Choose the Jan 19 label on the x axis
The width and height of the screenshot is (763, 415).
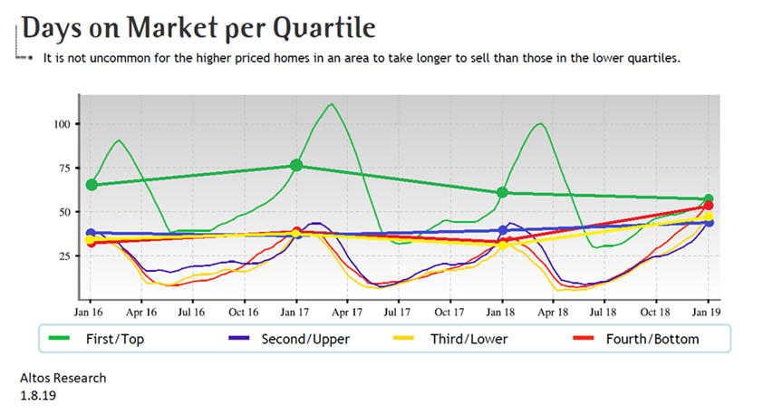click(709, 311)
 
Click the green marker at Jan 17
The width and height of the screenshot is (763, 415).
click(296, 166)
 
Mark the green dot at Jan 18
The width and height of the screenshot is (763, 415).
click(503, 192)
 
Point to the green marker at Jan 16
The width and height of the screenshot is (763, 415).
click(91, 185)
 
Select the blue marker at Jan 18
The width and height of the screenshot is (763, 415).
click(503, 230)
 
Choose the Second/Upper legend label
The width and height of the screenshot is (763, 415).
click(304, 339)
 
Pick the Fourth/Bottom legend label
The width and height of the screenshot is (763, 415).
click(651, 339)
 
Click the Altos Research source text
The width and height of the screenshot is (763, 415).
click(63, 377)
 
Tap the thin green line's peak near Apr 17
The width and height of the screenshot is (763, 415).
click(333, 103)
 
